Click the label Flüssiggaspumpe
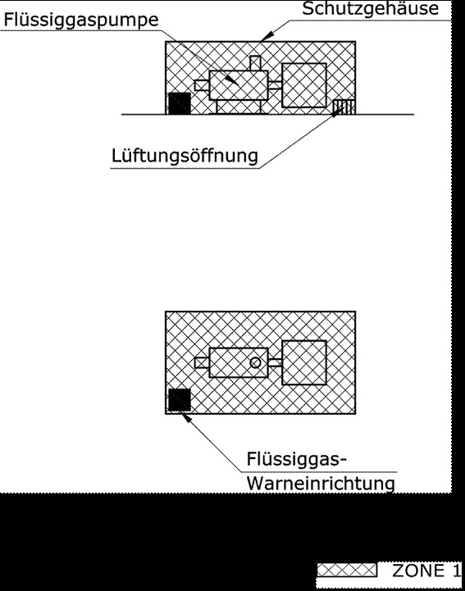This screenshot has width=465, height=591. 80,20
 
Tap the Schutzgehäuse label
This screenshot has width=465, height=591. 371,9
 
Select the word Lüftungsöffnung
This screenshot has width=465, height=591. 185,156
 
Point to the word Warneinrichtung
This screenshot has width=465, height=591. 321,483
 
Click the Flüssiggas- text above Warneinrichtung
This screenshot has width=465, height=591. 296,459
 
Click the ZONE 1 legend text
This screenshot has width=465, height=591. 426,571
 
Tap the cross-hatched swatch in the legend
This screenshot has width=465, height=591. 347,571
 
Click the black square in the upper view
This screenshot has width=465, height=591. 180,103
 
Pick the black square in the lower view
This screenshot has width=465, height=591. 180,400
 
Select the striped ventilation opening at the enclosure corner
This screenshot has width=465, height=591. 344,107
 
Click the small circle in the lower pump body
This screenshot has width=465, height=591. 255,362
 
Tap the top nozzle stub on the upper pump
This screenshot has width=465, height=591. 255,63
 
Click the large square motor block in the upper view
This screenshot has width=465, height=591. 304,85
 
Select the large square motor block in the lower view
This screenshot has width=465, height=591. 304,362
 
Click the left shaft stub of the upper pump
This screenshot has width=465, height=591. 202,85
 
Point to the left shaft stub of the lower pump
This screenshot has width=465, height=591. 202,362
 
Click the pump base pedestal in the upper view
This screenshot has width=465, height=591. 239,107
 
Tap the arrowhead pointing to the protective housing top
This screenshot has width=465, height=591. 267,36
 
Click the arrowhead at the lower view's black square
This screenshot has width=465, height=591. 186,417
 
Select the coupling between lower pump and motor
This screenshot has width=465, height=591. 275,362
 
